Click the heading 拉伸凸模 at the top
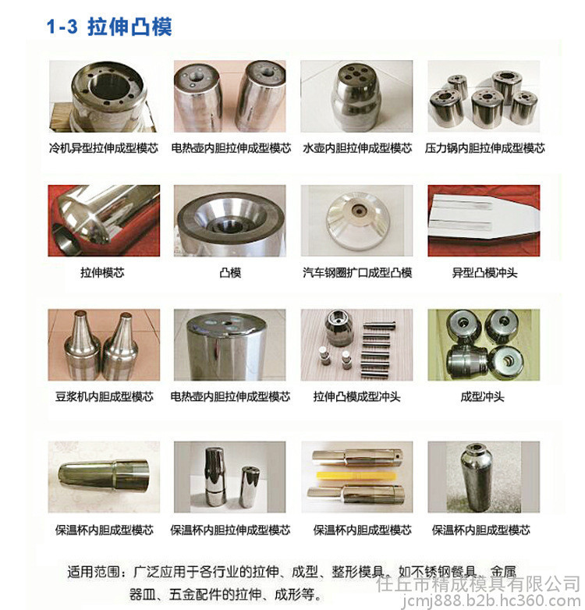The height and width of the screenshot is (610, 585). pyautogui.click(x=129, y=27)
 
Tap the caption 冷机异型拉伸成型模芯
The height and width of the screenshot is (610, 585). pyautogui.click(x=104, y=148)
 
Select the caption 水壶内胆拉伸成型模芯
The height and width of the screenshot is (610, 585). pyautogui.click(x=357, y=148)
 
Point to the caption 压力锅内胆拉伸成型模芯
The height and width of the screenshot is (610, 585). pyautogui.click(x=484, y=148)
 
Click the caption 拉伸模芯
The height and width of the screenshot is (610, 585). pyautogui.click(x=102, y=272)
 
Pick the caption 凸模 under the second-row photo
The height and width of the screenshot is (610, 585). pyautogui.click(x=230, y=272)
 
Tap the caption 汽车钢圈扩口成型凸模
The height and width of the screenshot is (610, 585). pyautogui.click(x=357, y=272)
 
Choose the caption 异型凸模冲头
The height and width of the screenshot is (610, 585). pyautogui.click(x=484, y=272)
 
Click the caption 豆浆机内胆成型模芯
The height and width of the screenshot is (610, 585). pyautogui.click(x=105, y=397)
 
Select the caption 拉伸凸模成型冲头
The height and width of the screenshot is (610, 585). pyautogui.click(x=356, y=397)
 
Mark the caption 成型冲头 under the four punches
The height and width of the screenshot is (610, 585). pyautogui.click(x=482, y=397)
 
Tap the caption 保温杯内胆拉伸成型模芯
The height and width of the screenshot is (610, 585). pyautogui.click(x=230, y=530)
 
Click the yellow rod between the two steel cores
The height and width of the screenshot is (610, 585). pyautogui.click(x=356, y=475)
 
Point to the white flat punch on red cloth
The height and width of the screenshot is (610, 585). pyautogui.click(x=482, y=220)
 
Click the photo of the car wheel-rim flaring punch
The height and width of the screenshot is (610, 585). pyautogui.click(x=356, y=221)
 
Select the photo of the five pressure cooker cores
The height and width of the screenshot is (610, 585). pyautogui.click(x=484, y=96)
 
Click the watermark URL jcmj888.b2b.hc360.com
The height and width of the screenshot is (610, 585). pyautogui.click(x=491, y=601)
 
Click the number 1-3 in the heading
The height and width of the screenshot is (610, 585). pyautogui.click(x=62, y=27)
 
